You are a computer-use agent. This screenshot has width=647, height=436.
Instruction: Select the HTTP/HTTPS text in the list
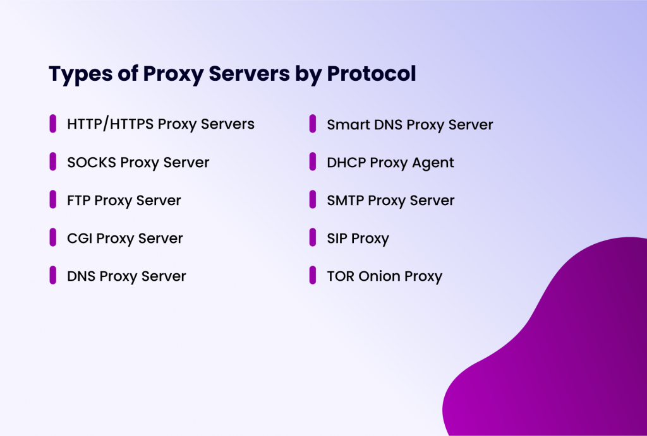point(110,124)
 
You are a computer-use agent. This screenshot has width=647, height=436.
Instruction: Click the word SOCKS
point(91,162)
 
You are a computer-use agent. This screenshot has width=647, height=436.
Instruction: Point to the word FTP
point(78,201)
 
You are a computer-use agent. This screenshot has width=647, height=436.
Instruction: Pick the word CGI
point(80,239)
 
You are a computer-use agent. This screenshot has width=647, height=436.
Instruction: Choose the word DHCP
point(346,163)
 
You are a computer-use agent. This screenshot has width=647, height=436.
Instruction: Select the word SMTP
point(345,201)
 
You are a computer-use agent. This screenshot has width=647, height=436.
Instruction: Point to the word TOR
point(340,276)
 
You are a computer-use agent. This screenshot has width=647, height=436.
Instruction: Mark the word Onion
point(380,276)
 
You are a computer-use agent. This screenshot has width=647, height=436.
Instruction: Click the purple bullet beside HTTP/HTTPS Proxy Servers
point(53,124)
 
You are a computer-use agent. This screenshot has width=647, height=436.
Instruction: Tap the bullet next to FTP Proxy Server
point(53,199)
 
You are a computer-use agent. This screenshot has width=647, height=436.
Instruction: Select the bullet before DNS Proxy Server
point(53,275)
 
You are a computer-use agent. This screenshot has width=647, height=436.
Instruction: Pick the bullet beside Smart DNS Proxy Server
point(313,124)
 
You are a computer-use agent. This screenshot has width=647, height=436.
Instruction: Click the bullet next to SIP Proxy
point(313,237)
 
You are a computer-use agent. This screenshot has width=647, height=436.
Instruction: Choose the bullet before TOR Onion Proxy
point(313,275)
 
